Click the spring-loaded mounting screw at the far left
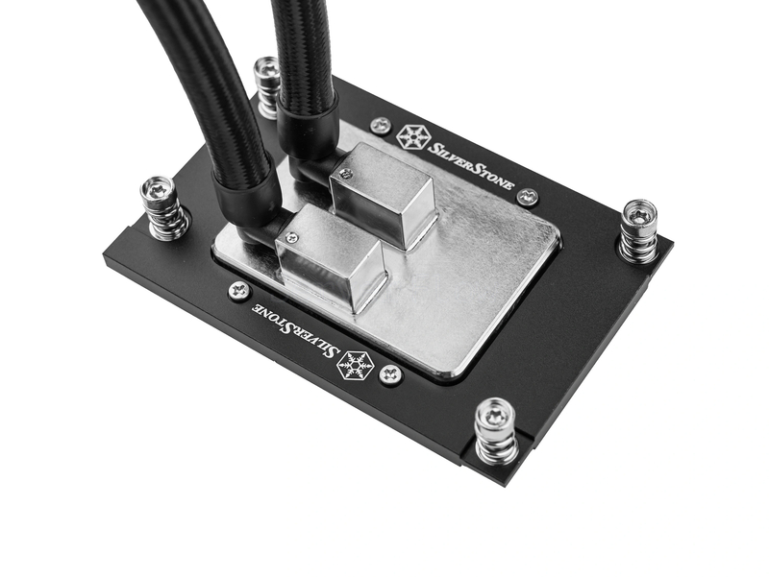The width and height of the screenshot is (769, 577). pos(162,208)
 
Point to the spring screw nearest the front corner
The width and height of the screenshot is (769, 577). pos(498,431)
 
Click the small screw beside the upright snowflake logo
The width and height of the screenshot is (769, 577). pos(381,126)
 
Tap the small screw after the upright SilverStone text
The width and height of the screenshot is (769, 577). pos(528,197)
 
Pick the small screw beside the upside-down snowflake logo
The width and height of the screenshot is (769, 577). pos(391,375)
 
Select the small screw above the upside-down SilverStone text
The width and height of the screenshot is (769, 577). pos(239,291)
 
